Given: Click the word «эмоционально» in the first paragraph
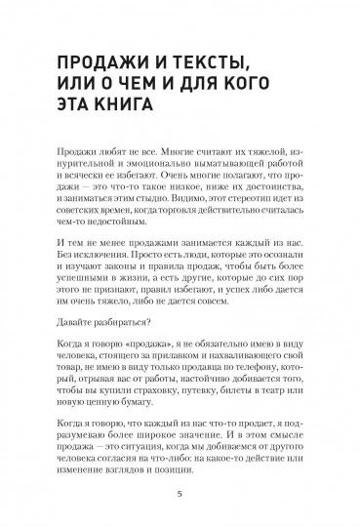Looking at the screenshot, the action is pyautogui.click(x=148, y=180).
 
